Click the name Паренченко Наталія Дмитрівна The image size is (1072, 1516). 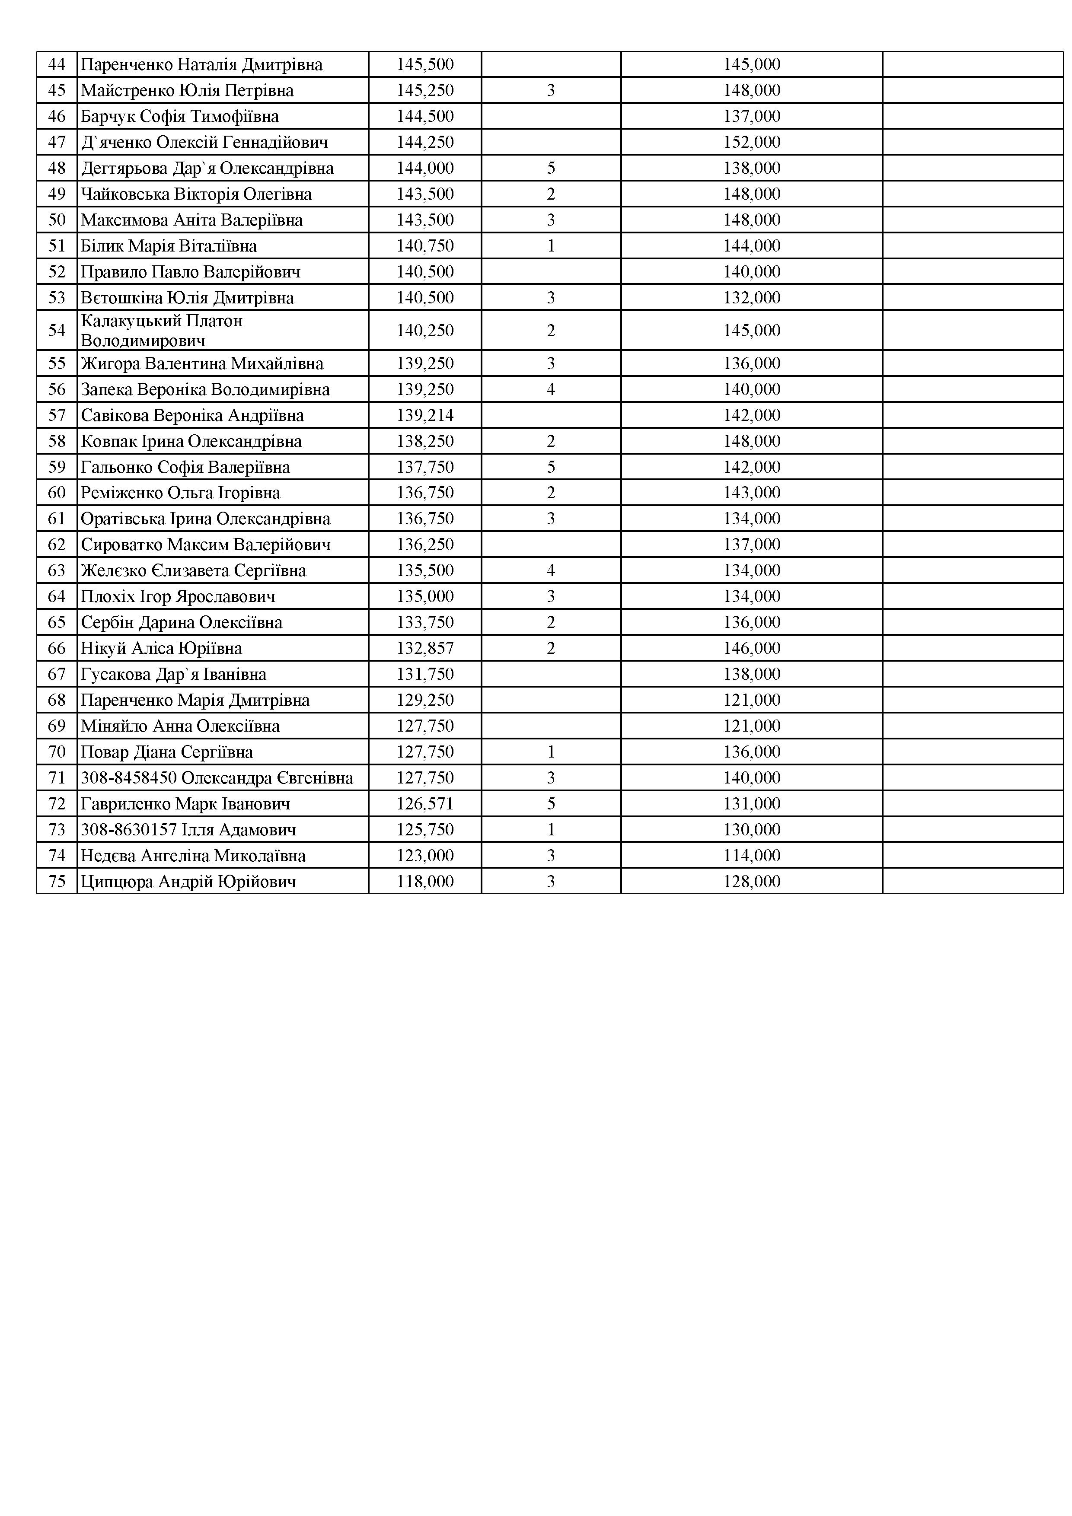(201, 65)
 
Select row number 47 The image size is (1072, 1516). (57, 142)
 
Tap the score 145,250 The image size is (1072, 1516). (425, 90)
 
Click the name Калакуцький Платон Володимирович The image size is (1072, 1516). (162, 331)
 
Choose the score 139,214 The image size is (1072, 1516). (425, 415)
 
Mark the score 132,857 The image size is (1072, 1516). (425, 648)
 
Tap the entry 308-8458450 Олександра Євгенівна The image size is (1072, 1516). (217, 778)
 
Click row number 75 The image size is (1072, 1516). (57, 882)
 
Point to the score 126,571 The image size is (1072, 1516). (425, 803)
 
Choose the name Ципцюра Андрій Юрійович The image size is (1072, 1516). (188, 882)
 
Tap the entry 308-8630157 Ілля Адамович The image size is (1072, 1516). (188, 830)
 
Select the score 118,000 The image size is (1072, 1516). (425, 882)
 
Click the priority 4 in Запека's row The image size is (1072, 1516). (551, 389)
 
